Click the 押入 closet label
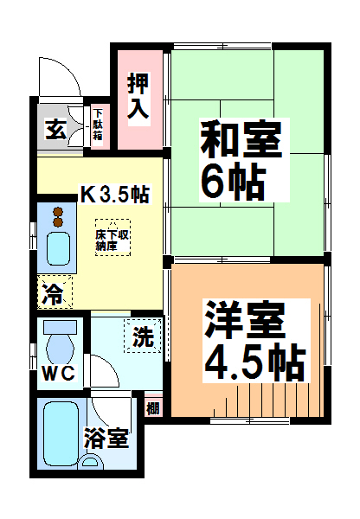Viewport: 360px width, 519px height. click(x=138, y=96)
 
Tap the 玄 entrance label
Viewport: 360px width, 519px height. click(x=56, y=129)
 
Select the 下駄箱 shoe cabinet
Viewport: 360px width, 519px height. click(x=99, y=125)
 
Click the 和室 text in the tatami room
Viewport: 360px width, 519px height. click(x=241, y=140)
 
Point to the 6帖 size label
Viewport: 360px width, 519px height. click(x=234, y=181)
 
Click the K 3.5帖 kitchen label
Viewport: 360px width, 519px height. click(x=115, y=194)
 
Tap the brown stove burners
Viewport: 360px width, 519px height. click(x=58, y=217)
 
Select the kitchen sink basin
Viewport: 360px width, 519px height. click(x=58, y=249)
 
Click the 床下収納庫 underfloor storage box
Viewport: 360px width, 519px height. click(x=112, y=237)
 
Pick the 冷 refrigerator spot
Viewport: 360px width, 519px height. click(x=55, y=292)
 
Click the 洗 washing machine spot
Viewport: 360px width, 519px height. click(x=143, y=336)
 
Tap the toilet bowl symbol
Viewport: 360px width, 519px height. click(x=60, y=343)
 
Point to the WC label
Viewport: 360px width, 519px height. click(x=59, y=374)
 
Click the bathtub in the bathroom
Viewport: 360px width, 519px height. click(x=61, y=433)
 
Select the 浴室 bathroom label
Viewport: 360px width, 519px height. click(x=106, y=439)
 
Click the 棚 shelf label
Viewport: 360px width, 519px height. click(x=153, y=408)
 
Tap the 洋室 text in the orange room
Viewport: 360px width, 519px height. click(x=246, y=320)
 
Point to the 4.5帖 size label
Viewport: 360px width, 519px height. click(x=254, y=362)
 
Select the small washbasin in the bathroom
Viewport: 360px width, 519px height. click(x=90, y=461)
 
